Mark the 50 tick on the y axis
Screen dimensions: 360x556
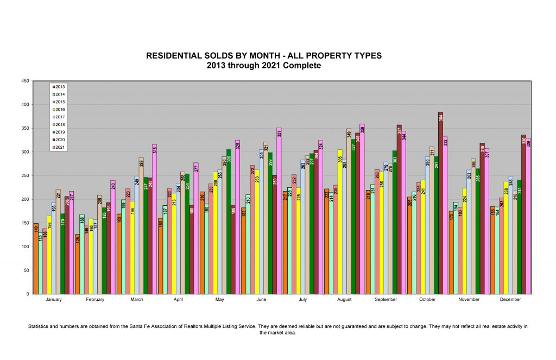click(27, 270)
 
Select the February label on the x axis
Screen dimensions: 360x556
click(95, 300)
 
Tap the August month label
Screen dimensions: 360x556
click(345, 300)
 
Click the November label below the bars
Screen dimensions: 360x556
click(469, 300)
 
